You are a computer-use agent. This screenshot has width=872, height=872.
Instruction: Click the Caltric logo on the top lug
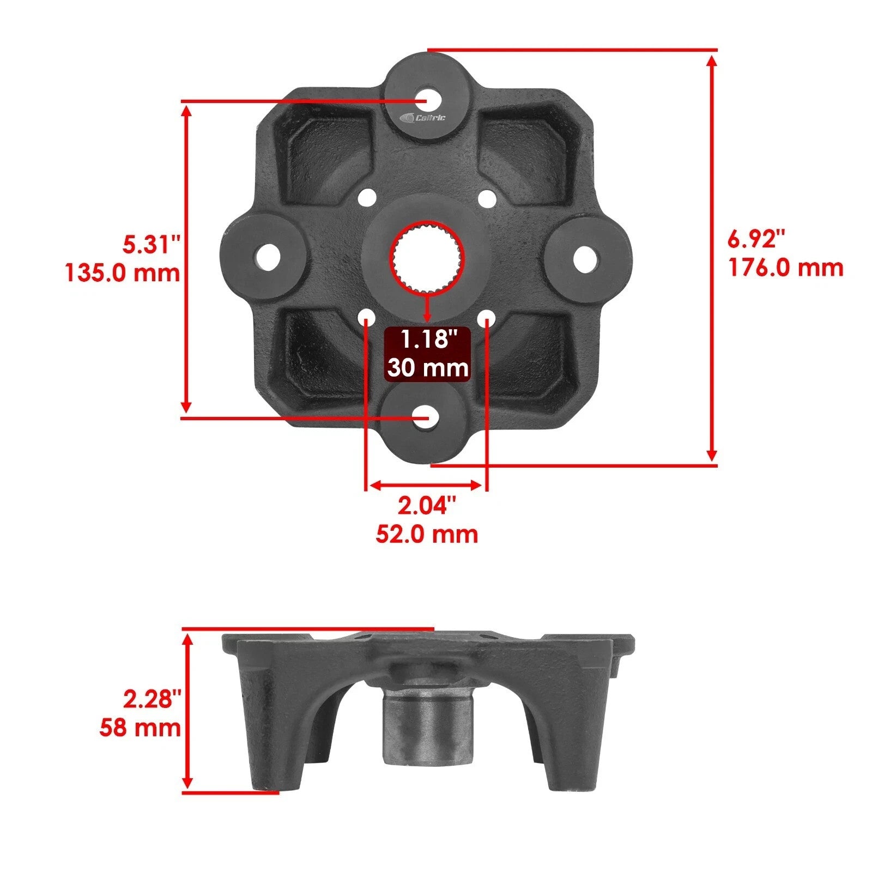[422, 118]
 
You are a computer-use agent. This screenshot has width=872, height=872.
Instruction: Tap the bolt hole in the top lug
[428, 101]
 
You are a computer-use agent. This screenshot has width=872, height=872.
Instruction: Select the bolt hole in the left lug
[267, 256]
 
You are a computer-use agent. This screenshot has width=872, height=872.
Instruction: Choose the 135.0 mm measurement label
[123, 272]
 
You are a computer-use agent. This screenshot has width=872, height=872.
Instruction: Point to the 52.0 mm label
[426, 534]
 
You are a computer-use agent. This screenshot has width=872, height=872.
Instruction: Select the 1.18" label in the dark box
[427, 340]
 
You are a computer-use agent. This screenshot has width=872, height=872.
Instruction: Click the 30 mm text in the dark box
[427, 368]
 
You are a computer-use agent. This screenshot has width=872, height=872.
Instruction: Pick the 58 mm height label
[140, 728]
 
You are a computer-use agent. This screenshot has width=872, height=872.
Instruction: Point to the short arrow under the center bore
[427, 308]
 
